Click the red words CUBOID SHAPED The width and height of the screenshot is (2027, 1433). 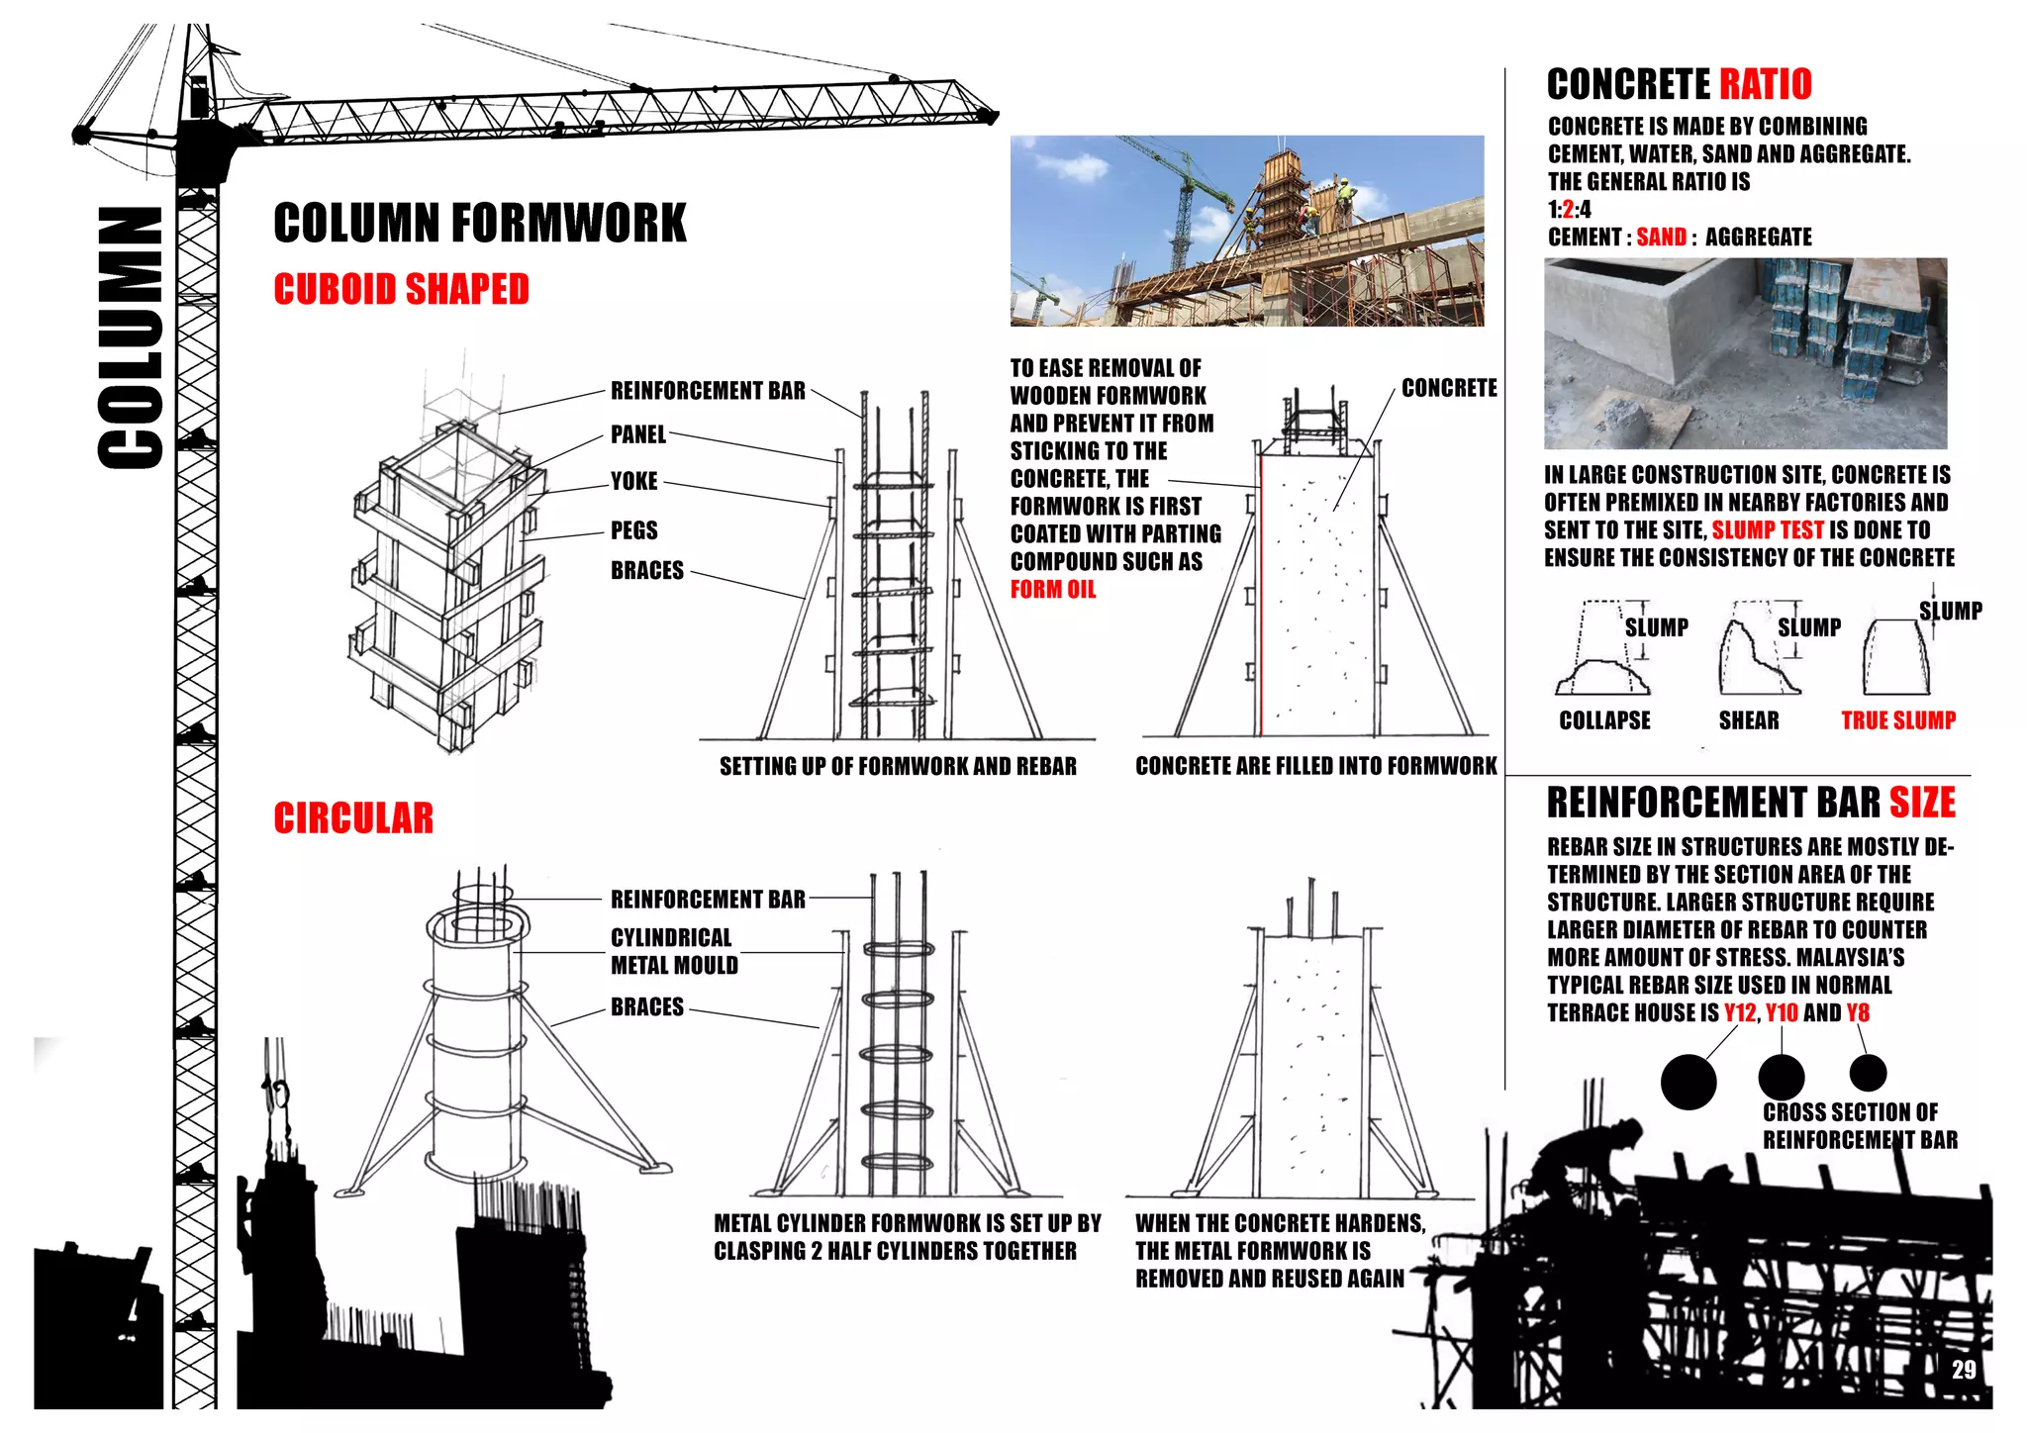click(x=401, y=289)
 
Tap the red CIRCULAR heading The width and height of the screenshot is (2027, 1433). click(x=353, y=818)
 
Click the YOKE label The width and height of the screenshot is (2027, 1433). click(x=633, y=482)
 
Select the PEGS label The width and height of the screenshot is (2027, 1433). click(x=633, y=530)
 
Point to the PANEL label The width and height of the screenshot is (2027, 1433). click(x=637, y=434)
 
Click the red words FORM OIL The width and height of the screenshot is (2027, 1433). click(x=1052, y=590)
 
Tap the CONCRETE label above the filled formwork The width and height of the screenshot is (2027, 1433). click(x=1448, y=388)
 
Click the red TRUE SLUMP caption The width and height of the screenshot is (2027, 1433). click(x=1897, y=720)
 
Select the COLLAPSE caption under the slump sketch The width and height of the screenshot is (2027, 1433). click(x=1604, y=720)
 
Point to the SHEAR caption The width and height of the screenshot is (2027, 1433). click(x=1748, y=720)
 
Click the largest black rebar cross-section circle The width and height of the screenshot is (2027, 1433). click(x=1688, y=1082)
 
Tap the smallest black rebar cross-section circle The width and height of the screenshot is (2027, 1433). click(x=1867, y=1073)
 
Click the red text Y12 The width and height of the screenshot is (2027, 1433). click(x=1740, y=1012)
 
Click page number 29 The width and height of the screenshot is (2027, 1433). click(x=1964, y=1370)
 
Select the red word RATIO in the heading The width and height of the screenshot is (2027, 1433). click(x=1765, y=85)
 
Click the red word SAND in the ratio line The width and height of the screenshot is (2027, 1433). click(x=1661, y=238)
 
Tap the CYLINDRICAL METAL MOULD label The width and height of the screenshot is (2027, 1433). click(x=673, y=951)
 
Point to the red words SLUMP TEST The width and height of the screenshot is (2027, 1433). click(x=1767, y=530)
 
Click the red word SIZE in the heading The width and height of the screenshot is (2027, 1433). click(x=1921, y=803)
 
